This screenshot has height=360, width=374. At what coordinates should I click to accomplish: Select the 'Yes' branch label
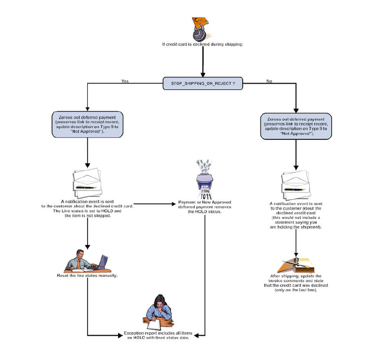coord(125,81)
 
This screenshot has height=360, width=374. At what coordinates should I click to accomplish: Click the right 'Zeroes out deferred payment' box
coord(296,127)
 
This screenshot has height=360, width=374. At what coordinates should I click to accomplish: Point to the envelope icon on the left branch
coord(88,182)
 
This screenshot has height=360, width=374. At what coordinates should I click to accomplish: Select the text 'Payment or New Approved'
coord(204,203)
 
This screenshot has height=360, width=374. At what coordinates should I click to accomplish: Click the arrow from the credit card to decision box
coord(203,62)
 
